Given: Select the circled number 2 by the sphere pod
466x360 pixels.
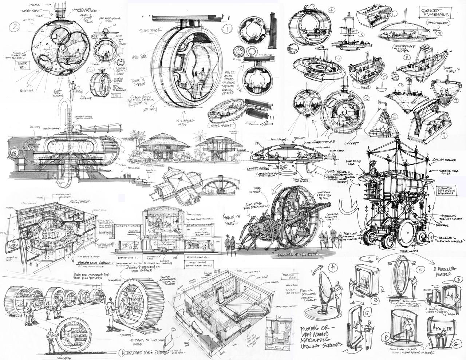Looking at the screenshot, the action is tap(15, 26).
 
